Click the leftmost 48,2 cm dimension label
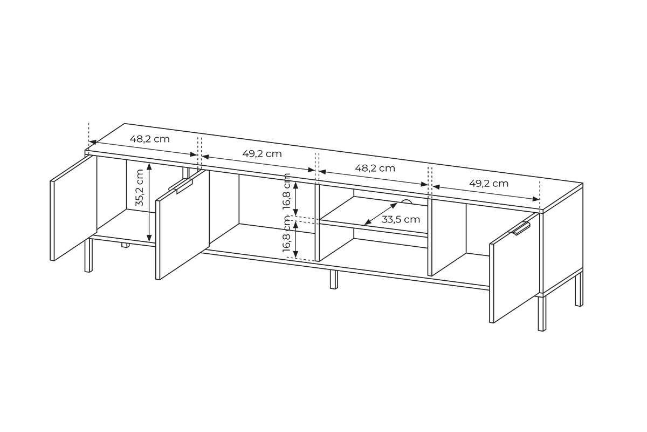pos(150,139)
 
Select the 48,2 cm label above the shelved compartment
pos(375,168)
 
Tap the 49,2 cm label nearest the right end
pos(488,184)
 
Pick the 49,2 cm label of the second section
pos(262,154)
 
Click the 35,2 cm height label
pos(140,187)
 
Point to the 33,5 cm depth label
pos(401,219)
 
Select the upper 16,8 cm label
pos(286,191)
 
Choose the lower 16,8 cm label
pos(286,234)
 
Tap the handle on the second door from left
pos(181,186)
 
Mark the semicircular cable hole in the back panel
pos(407,202)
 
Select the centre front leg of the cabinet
pos(334,280)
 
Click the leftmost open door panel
pos(73,208)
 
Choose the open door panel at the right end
pos(514,268)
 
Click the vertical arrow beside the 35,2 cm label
pos(149,202)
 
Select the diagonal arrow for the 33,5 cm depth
pos(381,214)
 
